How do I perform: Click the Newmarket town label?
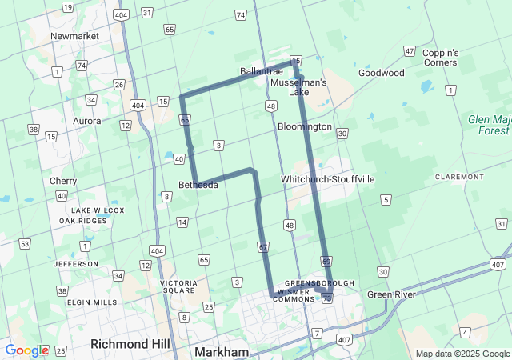click(x=74, y=36)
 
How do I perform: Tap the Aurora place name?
click(x=86, y=121)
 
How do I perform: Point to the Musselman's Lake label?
click(x=298, y=86)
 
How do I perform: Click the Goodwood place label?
click(x=382, y=73)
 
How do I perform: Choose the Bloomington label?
click(x=304, y=126)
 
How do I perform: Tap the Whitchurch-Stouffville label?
click(x=328, y=179)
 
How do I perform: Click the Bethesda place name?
click(x=198, y=184)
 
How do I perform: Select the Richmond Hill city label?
click(x=130, y=343)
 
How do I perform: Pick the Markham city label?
click(x=221, y=352)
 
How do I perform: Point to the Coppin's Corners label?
click(x=441, y=58)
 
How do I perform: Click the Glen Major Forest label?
click(x=489, y=124)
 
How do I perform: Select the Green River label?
click(x=391, y=294)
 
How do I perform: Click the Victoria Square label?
click(x=178, y=287)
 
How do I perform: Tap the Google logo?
click(x=26, y=350)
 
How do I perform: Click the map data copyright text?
click(x=461, y=354)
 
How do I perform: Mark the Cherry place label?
click(x=63, y=181)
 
